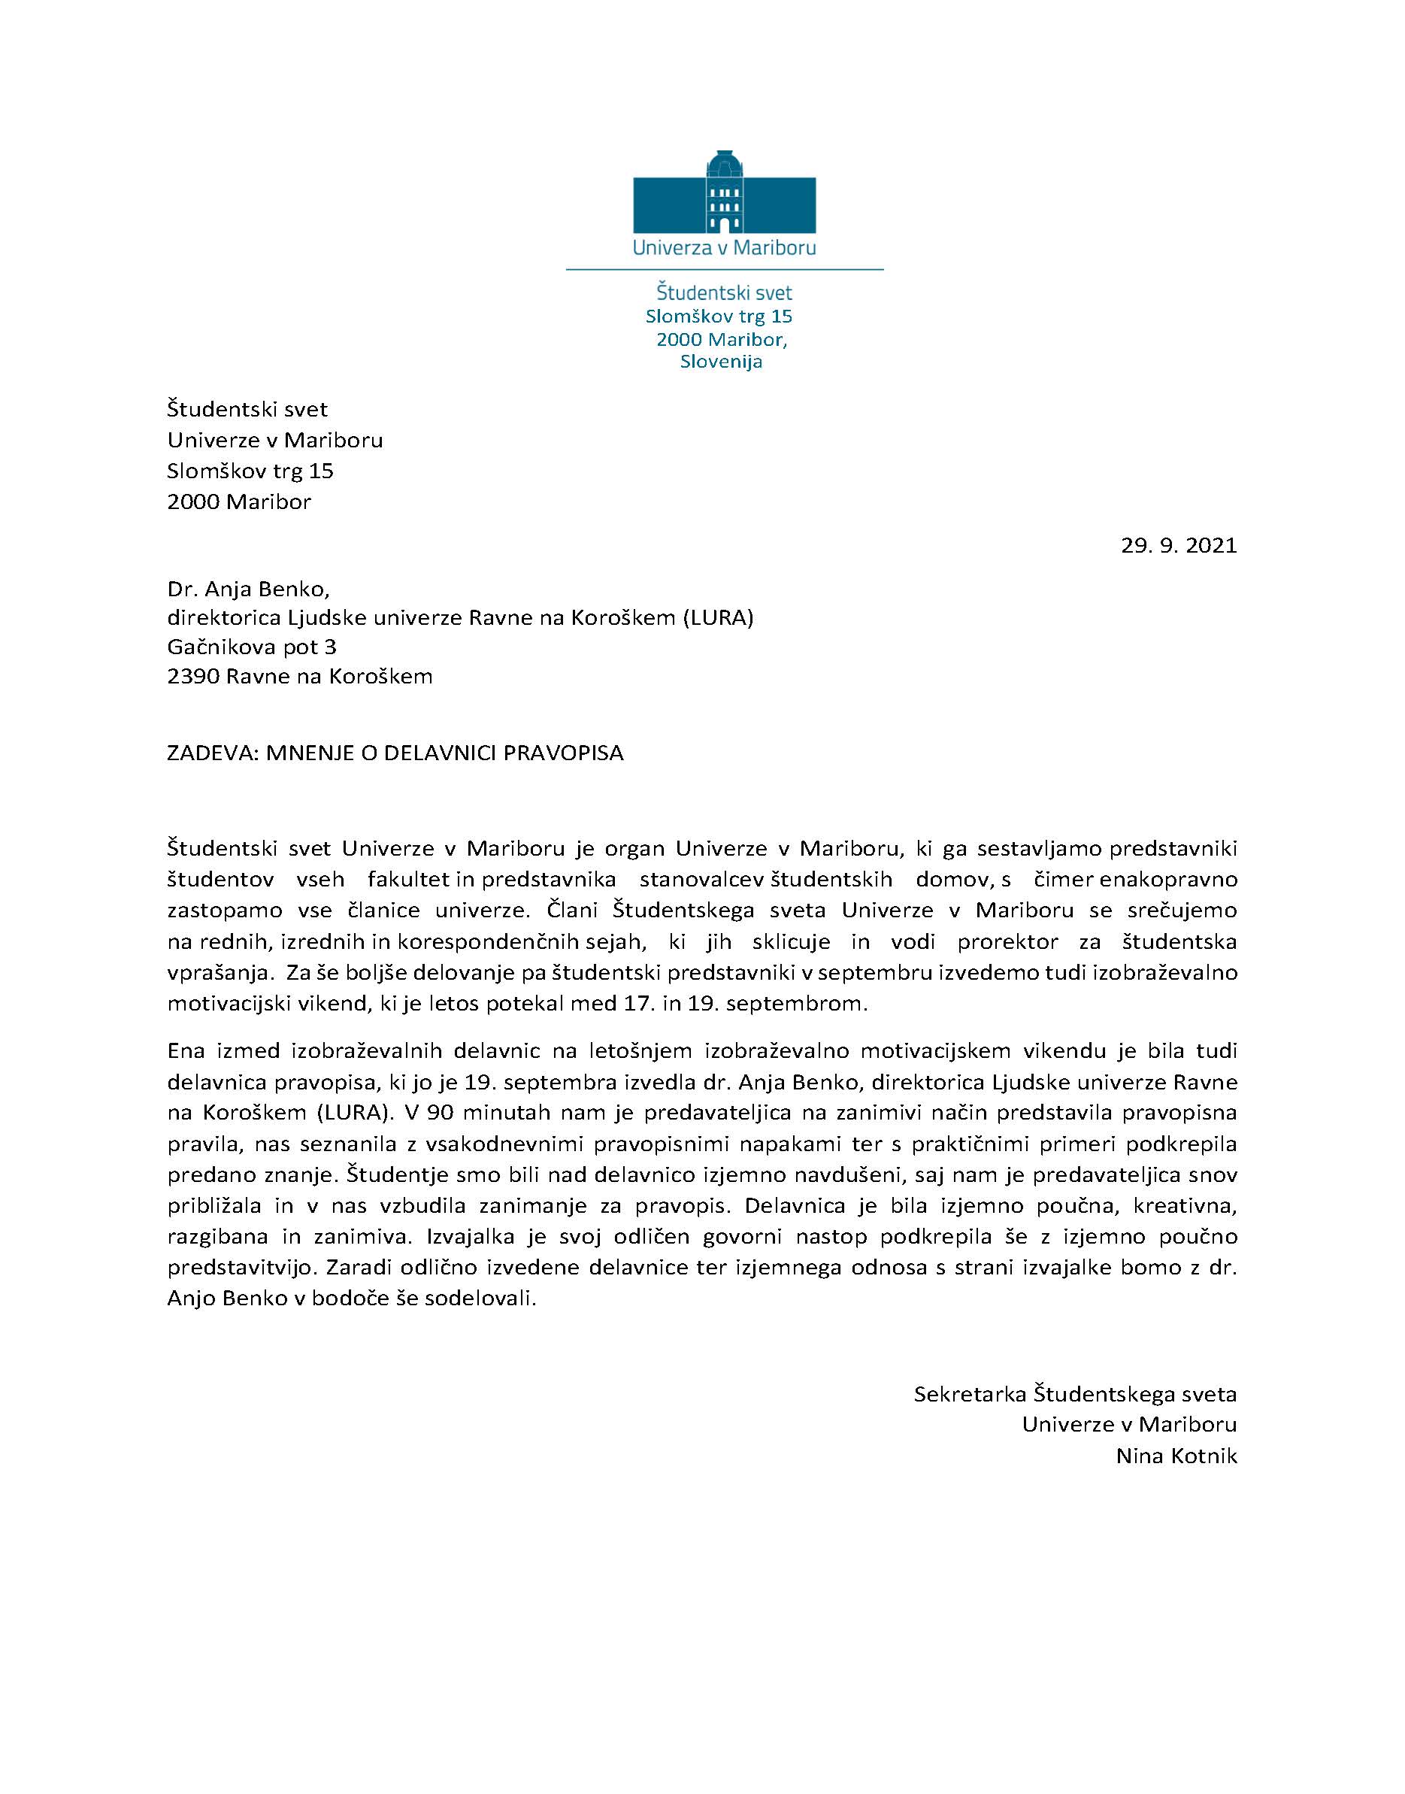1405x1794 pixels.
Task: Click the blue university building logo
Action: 724,194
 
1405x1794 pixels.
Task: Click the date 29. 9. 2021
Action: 1178,545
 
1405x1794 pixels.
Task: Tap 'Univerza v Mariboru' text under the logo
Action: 724,247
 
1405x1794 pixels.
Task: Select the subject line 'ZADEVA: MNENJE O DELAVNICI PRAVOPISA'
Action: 395,753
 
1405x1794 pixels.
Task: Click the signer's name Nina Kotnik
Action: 1176,1456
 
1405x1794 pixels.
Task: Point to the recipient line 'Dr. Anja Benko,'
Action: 248,589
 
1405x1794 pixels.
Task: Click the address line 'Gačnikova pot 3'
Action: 252,647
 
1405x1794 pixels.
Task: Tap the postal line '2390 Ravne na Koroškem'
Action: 299,676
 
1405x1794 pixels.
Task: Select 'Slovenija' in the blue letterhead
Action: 722,362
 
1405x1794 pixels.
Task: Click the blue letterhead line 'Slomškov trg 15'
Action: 719,317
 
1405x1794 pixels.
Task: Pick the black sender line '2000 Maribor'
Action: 238,502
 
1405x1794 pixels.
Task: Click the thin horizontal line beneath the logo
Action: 724,270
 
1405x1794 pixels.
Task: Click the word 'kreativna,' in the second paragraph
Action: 1185,1206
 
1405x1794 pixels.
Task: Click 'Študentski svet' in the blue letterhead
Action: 724,292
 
